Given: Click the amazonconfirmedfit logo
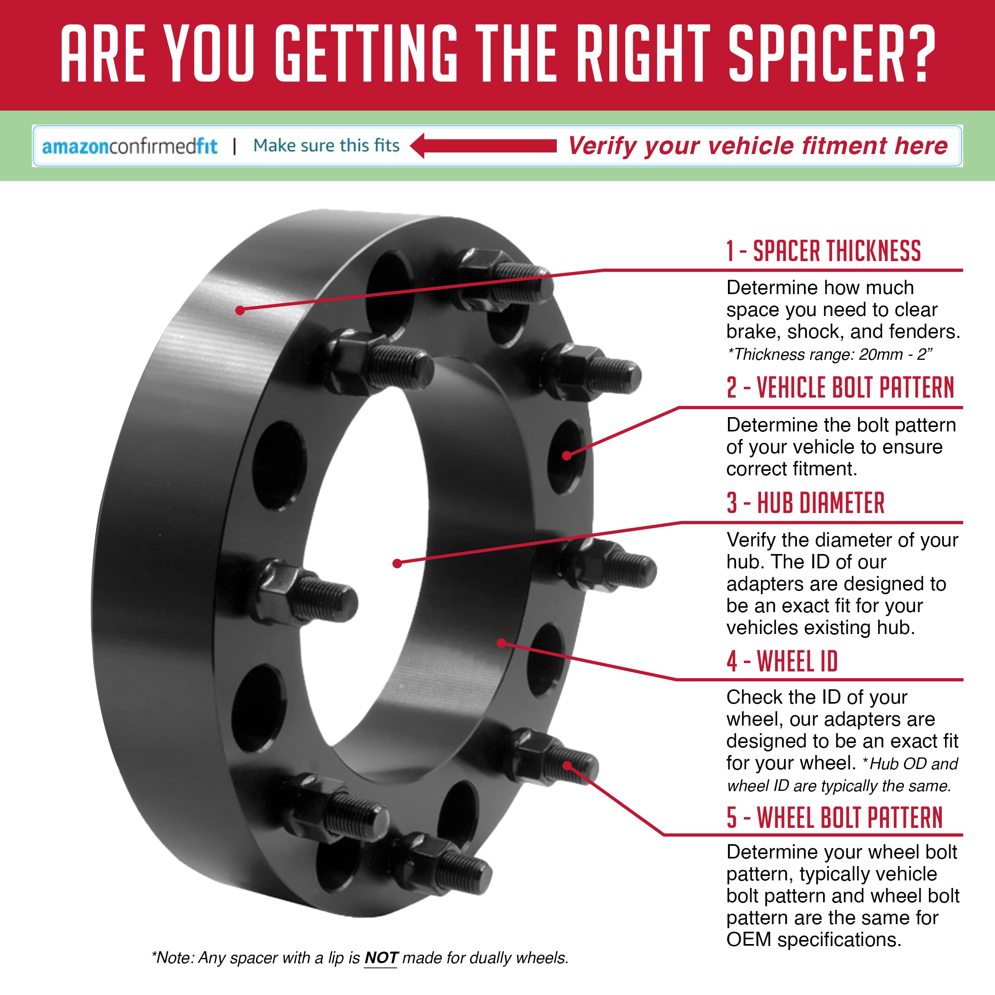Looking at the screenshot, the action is (130, 146).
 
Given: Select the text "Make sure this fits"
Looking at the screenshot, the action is (326, 145).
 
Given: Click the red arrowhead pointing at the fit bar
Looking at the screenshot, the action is (418, 146).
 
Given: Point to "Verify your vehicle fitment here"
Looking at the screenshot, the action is (757, 146).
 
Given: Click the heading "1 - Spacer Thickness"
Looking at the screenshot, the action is (823, 251).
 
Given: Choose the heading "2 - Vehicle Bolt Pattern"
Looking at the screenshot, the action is (841, 387).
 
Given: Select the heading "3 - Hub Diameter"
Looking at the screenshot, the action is (806, 503).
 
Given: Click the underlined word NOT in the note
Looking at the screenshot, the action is (381, 958).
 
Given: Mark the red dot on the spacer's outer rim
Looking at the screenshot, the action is (240, 310).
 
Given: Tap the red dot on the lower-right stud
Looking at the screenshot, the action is (567, 766).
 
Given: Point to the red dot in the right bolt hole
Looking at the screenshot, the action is (566, 455).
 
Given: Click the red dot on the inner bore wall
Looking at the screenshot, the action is (501, 643).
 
